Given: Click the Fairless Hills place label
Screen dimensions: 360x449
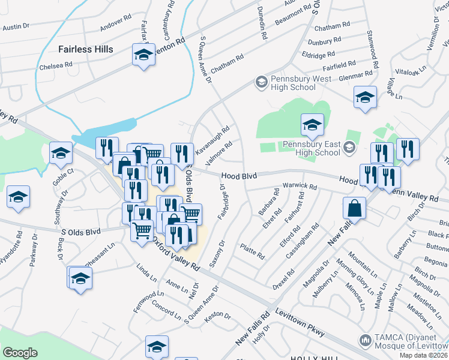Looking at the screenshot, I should pos(85,49).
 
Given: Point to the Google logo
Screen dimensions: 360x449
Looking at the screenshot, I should pos(20,353).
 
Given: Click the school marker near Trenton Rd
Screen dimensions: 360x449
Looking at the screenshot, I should pos(143,56).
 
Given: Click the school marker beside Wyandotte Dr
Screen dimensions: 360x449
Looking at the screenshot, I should pos(18,197).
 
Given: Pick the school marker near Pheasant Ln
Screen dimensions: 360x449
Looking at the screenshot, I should pos(80,278).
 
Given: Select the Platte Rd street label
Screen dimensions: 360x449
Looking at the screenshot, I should pos(252,251).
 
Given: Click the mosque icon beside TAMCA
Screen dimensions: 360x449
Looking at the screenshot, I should pos(364,341).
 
